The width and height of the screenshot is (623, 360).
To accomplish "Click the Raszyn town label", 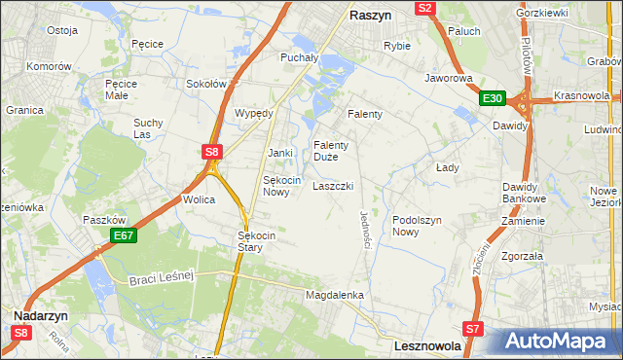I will tap(371, 17).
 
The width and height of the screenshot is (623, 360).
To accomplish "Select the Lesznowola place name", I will tap(428, 345).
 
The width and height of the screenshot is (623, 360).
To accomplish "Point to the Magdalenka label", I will tap(334, 295).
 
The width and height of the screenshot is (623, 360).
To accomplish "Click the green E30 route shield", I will tap(493, 98).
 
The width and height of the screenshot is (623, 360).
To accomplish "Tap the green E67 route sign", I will tap(123, 235).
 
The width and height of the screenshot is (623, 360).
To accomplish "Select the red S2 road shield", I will tap(424, 8).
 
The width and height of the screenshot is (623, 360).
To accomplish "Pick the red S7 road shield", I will tap(473, 329).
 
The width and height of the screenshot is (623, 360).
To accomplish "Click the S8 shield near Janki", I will tap(213, 151).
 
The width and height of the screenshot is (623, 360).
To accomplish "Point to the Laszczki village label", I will tap(332, 186).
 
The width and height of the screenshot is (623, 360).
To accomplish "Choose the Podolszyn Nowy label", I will tap(418, 226).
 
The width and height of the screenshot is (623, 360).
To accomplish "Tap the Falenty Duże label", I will tap(331, 151).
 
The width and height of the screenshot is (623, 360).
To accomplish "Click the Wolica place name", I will tap(199, 199).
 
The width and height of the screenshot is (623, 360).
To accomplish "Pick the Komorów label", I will tap(50, 66).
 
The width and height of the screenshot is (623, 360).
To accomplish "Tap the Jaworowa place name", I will tap(449, 77).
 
